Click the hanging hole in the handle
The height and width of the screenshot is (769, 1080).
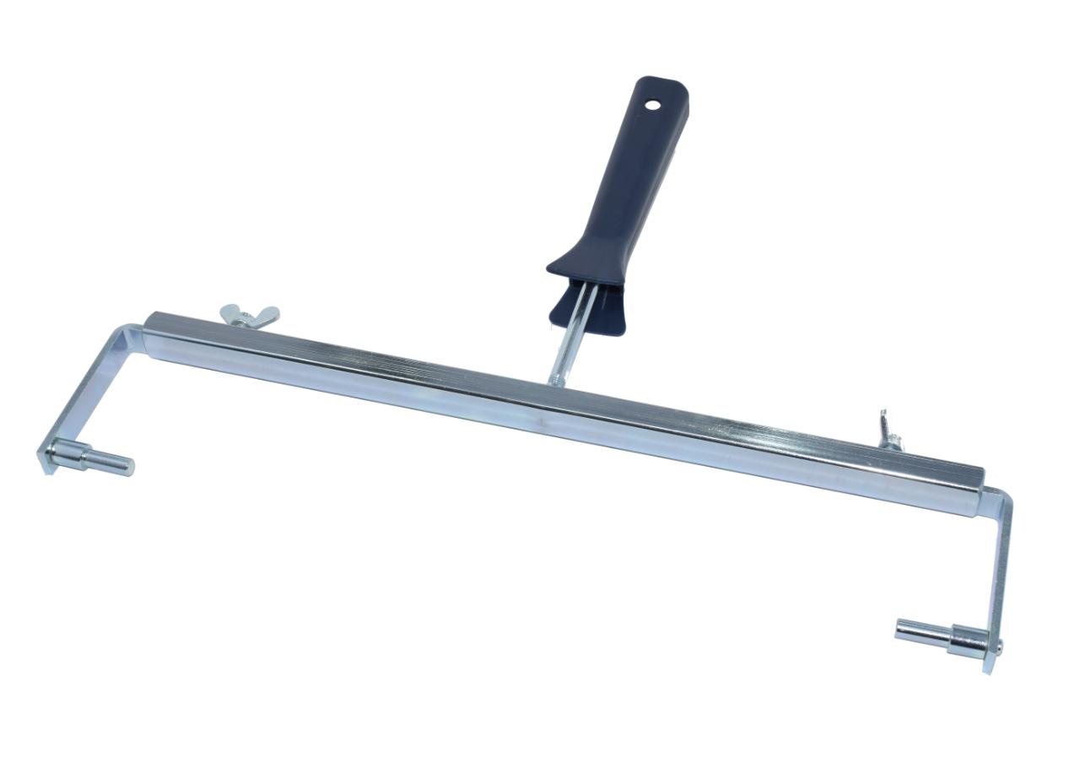pyautogui.click(x=651, y=105)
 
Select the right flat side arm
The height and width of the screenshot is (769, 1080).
pyautogui.click(x=1002, y=574)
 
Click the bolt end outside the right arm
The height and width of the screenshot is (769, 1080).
pyautogui.click(x=998, y=648)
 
